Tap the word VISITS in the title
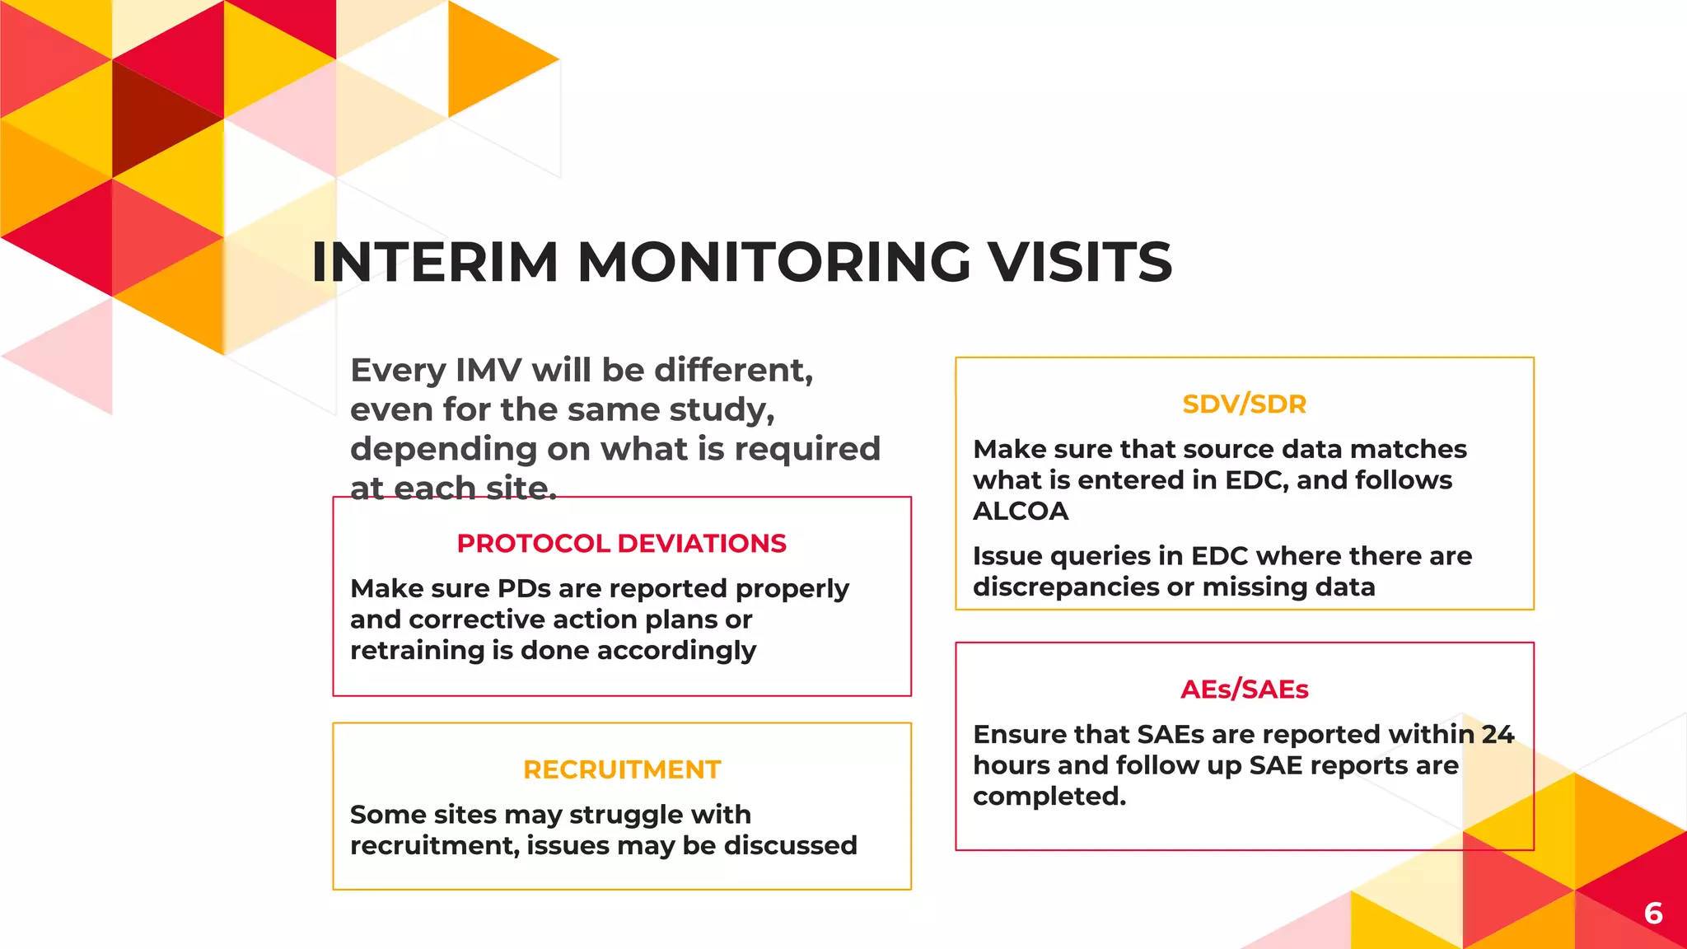[1080, 262]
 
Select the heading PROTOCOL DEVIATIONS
[621, 544]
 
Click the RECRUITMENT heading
[622, 769]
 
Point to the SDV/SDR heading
[1244, 404]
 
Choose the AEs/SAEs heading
[1244, 690]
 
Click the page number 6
[1652, 913]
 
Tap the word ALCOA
[1021, 512]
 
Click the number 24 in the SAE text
[1498, 734]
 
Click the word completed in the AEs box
[1049, 797]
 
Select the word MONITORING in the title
[773, 262]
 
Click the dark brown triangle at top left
[157, 115]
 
